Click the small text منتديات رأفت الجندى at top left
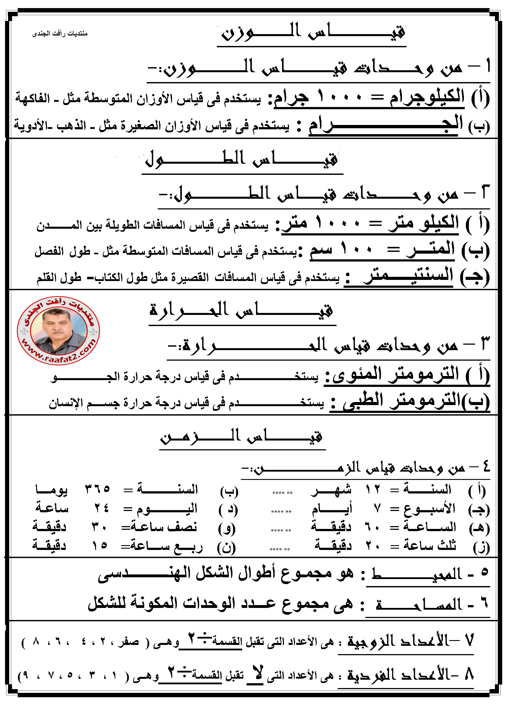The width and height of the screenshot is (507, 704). [60, 33]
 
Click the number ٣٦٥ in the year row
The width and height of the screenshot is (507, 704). [98, 490]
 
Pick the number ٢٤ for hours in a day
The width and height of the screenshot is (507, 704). [102, 508]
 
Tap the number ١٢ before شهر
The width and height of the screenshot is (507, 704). [373, 490]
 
